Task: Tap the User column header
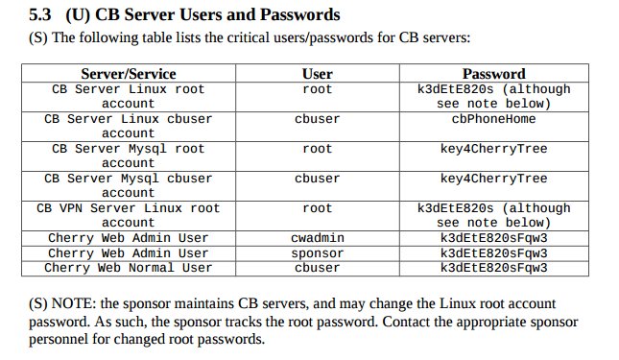point(317,74)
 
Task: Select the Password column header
point(493,74)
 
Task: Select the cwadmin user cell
point(317,238)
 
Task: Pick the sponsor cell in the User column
point(317,252)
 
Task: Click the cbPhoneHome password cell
point(493,119)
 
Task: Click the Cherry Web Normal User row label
point(129,268)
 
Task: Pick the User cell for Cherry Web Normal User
point(317,268)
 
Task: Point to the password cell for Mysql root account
point(493,149)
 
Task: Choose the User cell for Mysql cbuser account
point(317,179)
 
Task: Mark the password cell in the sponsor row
point(493,252)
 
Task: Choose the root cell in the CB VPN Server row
point(317,208)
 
